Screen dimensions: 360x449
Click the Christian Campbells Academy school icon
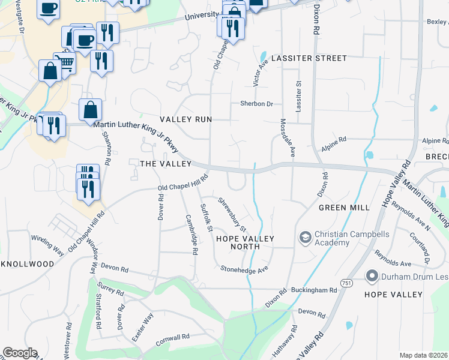tap(305, 238)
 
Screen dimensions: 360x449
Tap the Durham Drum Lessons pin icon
tap(372, 277)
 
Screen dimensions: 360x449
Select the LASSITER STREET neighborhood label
tap(309, 58)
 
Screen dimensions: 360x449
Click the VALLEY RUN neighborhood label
tap(185, 119)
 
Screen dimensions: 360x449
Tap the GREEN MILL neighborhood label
tap(344, 208)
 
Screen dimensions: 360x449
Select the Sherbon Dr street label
tap(257, 104)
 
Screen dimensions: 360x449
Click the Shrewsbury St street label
tap(232, 215)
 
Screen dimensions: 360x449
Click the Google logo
tap(20, 353)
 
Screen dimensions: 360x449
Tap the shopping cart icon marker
tap(65, 62)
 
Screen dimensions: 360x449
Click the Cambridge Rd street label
tap(191, 235)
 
